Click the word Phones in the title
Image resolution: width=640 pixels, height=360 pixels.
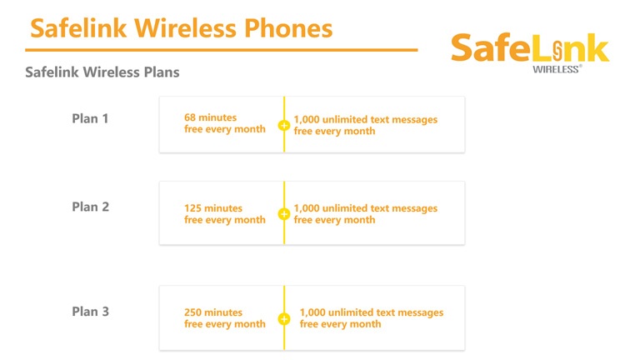tap(288, 28)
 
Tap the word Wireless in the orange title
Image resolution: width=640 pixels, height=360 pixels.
tap(185, 28)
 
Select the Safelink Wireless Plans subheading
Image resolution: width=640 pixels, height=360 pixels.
tap(102, 72)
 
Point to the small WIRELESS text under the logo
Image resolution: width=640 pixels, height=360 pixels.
tap(557, 69)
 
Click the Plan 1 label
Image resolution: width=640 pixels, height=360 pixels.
tap(90, 118)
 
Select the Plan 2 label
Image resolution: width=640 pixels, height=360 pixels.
tap(90, 207)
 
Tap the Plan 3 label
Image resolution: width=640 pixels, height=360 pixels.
tap(90, 312)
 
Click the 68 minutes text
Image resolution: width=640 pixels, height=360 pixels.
tap(210, 117)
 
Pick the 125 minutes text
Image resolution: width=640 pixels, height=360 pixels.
tap(213, 208)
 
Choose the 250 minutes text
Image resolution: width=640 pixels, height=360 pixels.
tap(213, 312)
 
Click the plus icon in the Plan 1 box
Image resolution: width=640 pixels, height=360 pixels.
tap(284, 125)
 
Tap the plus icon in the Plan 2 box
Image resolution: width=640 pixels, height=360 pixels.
tap(284, 214)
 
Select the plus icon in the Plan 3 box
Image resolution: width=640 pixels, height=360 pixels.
tap(284, 319)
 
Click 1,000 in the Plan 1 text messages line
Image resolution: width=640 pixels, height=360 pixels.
tap(307, 120)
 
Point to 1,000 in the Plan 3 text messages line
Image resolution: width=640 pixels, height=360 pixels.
tap(312, 312)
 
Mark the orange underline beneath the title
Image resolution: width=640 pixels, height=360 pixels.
tap(221, 50)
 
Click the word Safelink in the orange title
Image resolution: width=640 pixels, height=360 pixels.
tap(78, 28)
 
